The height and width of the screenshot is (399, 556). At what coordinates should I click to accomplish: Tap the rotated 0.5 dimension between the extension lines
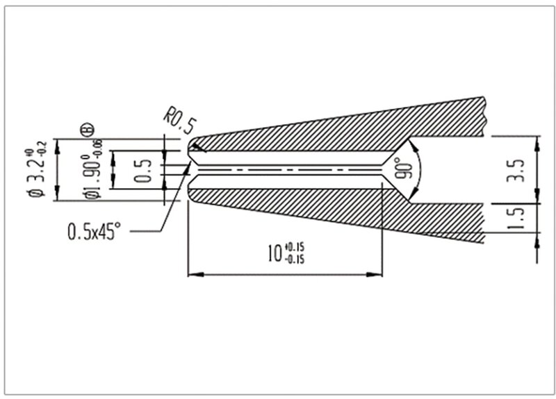tap(142, 169)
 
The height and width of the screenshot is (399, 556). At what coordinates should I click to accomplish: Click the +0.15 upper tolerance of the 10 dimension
tap(295, 247)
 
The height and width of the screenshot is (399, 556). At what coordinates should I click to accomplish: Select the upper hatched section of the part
tap(334, 128)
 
